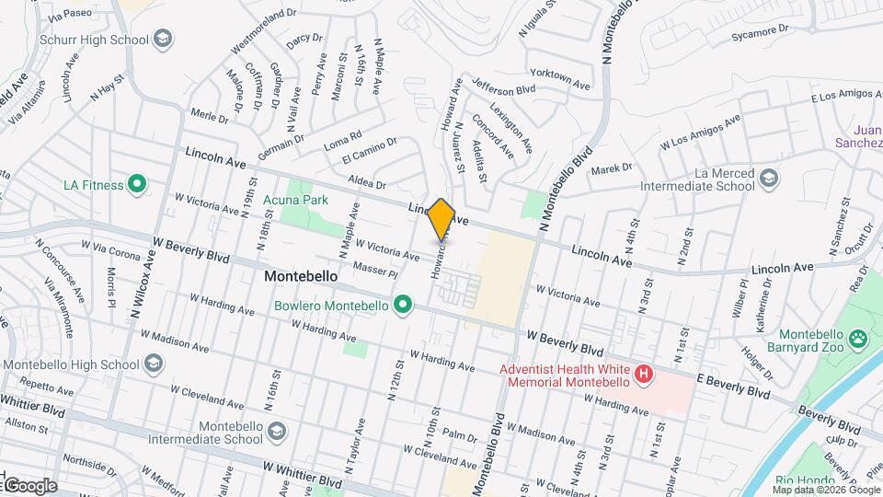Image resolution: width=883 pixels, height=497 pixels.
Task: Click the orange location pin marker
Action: click(441, 219)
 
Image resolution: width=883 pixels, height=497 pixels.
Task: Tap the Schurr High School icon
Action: click(163, 39)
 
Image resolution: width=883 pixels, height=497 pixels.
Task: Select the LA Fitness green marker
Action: click(137, 185)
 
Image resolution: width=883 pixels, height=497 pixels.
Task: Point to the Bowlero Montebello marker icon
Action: click(402, 305)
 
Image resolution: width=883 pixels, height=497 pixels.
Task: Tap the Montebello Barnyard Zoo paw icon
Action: click(857, 339)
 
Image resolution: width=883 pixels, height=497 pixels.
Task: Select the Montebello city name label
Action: click(301, 276)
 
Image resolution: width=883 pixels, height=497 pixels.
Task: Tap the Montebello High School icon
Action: click(153, 364)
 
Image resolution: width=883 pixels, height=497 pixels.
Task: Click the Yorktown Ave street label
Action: click(559, 78)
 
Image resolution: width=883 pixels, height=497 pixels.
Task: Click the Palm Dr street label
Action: click(456, 433)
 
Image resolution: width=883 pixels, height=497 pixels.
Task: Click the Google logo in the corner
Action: click(29, 485)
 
